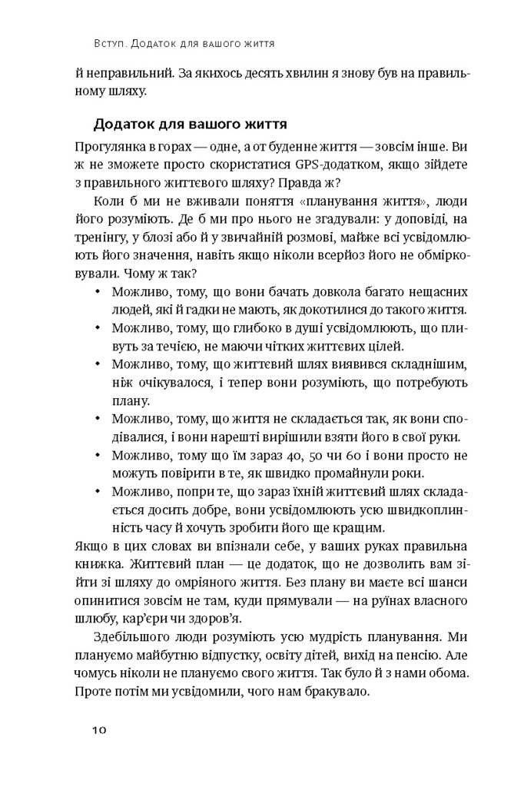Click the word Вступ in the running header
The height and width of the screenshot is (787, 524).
pos(107,45)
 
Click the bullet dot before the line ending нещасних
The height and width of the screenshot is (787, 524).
pos(97,294)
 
